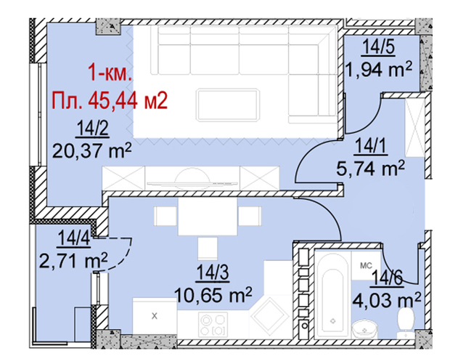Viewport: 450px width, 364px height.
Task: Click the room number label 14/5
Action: (379, 47)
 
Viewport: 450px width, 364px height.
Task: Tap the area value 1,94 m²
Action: (379, 69)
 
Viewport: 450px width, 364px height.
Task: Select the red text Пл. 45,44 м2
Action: (110, 100)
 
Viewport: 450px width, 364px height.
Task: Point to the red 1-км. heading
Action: (110, 72)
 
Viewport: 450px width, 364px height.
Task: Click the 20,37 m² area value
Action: (92, 150)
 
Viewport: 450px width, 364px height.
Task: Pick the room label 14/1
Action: (371, 146)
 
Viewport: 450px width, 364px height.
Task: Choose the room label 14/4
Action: (74, 239)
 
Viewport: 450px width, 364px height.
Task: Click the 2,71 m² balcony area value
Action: (73, 261)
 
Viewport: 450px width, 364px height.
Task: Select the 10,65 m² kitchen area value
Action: (213, 295)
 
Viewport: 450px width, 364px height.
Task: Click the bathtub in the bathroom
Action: (332, 295)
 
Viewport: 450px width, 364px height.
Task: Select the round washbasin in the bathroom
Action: (365, 330)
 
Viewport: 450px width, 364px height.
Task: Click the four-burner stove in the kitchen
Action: (213, 325)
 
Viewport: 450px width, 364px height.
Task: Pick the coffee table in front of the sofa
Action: (228, 105)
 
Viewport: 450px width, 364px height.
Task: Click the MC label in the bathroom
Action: (367, 266)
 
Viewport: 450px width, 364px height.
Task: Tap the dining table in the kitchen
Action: (208, 216)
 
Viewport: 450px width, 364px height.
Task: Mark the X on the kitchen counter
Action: (155, 316)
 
